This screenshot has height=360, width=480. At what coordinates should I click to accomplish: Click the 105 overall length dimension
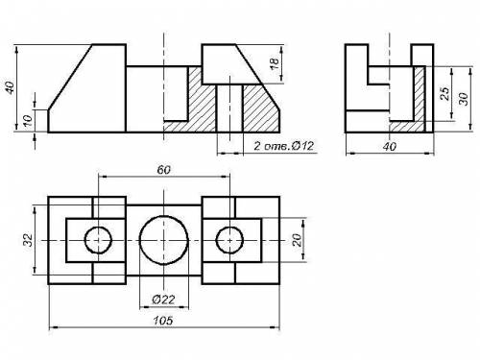[163, 321]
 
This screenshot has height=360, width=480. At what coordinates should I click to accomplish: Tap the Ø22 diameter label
[163, 300]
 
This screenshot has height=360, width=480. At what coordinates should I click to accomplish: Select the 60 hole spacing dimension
[164, 170]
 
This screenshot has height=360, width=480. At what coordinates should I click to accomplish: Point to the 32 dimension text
[29, 240]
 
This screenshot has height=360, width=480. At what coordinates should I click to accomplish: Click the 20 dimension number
[298, 240]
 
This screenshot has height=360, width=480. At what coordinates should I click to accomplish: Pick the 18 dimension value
[275, 64]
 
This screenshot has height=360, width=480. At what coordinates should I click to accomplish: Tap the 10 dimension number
[28, 120]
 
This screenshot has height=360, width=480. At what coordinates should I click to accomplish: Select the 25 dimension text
[445, 93]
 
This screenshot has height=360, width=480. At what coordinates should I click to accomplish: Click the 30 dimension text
[464, 98]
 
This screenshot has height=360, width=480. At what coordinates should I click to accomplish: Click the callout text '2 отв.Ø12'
[284, 146]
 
